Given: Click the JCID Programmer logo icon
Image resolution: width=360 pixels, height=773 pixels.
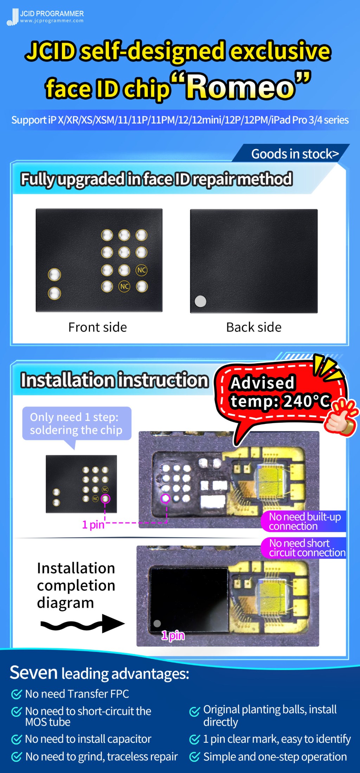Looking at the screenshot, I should (x=13, y=17).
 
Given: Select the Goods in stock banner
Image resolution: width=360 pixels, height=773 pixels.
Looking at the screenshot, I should (x=295, y=154).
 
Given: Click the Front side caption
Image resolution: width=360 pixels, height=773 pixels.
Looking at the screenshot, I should (x=97, y=327).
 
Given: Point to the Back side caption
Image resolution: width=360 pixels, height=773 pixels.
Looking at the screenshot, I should (x=253, y=327).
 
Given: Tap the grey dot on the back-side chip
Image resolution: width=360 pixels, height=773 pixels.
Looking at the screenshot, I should (x=200, y=301).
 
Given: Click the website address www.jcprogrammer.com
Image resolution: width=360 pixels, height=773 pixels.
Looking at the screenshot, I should (x=52, y=21).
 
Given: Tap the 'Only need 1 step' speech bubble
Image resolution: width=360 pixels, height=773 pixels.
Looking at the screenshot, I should (x=76, y=423).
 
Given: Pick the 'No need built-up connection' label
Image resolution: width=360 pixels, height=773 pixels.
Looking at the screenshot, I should (x=304, y=521).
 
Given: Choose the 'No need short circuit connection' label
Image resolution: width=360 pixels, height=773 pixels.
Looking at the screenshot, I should (x=304, y=548).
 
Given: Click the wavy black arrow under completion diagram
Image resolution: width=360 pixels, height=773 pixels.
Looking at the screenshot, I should (x=82, y=624).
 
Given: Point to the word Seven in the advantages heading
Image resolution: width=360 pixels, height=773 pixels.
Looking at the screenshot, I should (x=33, y=673).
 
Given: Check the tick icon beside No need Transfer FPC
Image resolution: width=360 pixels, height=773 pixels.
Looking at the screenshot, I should (x=17, y=694).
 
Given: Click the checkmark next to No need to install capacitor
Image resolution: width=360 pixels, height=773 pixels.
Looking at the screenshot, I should (x=17, y=739).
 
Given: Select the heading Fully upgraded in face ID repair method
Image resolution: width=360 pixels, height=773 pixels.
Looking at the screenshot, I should (x=156, y=179).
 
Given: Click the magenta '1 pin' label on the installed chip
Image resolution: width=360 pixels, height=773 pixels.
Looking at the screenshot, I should (x=173, y=635).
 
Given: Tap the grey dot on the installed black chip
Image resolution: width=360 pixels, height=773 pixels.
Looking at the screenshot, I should (x=157, y=623).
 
